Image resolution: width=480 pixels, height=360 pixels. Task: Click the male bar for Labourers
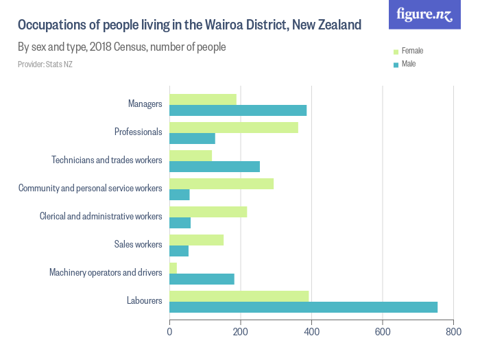tap(303, 307)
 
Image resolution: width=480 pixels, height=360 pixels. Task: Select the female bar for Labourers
tap(239, 296)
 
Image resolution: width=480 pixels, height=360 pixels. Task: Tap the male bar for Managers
tap(238, 110)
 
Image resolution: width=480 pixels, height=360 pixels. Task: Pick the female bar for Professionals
tap(234, 127)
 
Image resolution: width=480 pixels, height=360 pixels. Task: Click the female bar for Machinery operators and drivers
tap(173, 267)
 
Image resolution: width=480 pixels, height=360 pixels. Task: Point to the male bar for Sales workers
tap(179, 251)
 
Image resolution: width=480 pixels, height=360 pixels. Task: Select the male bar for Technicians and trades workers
tap(215, 167)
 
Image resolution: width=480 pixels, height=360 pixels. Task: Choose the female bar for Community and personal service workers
tap(221, 183)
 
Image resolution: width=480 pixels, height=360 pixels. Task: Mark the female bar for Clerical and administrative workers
tap(208, 212)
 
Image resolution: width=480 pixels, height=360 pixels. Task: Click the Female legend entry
tap(412, 51)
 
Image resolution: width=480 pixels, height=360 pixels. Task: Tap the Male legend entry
tap(408, 64)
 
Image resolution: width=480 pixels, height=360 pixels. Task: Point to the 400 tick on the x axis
tap(311, 331)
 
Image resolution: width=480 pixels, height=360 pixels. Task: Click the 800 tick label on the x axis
tap(453, 331)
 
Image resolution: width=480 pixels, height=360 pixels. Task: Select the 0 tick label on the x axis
tap(169, 331)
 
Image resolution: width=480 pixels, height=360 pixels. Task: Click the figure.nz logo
tap(424, 14)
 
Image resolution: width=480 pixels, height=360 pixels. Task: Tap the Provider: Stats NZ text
tap(45, 64)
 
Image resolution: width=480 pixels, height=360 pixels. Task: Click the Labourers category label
tap(144, 300)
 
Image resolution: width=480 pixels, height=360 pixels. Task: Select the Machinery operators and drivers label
tap(106, 272)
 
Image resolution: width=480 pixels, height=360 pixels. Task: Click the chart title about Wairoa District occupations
tap(189, 25)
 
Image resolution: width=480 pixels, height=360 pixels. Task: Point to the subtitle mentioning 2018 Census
tap(122, 47)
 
